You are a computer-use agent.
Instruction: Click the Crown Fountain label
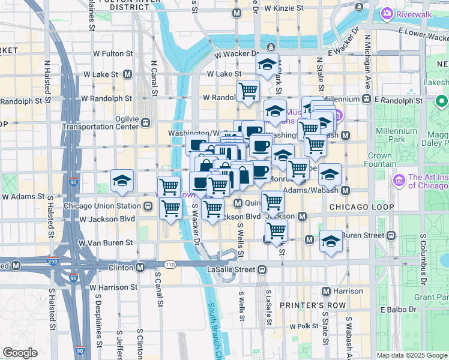(388, 159)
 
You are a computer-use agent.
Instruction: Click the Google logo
(20, 353)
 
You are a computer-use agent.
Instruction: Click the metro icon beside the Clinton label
(140, 267)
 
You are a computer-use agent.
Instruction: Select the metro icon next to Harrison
(326, 292)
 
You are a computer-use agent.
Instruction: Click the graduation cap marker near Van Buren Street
(331, 241)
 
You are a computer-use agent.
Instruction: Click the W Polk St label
(304, 327)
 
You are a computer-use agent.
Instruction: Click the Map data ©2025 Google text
(411, 355)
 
